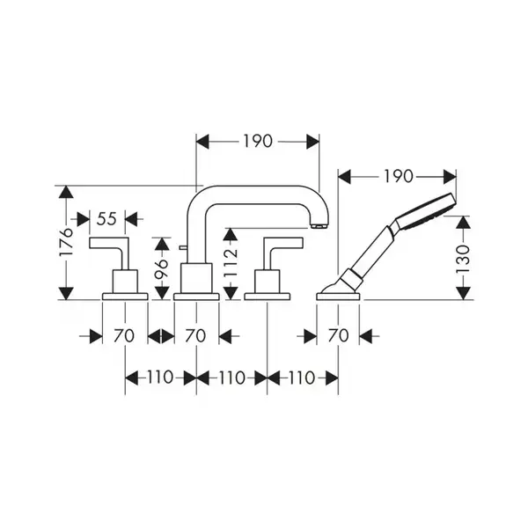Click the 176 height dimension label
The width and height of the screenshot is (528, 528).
pos(66,242)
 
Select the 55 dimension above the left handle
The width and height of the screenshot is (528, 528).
pos(106,219)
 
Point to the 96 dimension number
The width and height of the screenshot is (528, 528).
pos(162,268)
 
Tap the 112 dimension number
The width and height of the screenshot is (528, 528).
pos(231,262)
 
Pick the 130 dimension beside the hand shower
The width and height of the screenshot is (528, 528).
pos(463,260)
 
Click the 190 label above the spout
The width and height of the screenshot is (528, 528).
pos(258,141)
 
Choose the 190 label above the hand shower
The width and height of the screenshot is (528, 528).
pos(399,177)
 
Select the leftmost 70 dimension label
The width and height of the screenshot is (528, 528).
pos(123,336)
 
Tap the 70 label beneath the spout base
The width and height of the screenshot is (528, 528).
pos(195,336)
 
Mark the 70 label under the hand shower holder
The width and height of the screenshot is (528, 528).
pos(338,336)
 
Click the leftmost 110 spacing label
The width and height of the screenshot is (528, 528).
pos(160,378)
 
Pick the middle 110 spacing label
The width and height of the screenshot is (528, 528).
pos(231,378)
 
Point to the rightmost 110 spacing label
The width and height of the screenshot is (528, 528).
pos(302,378)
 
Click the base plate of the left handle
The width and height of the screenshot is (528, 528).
pos(125,297)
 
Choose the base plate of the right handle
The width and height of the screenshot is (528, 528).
pos(267,297)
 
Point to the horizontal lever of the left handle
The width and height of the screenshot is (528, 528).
pos(108,243)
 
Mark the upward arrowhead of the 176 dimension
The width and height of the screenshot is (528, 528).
pos(66,192)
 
